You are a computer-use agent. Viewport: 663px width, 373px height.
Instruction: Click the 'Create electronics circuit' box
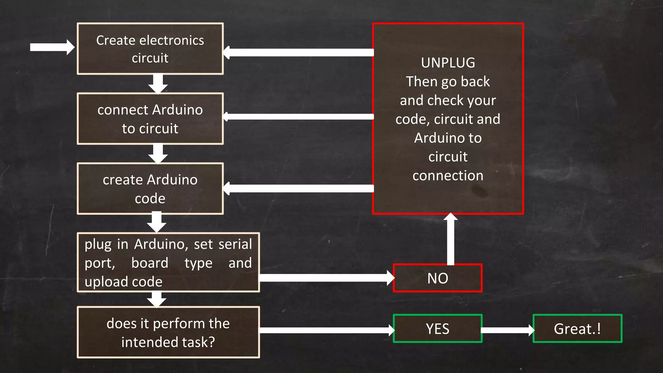150,49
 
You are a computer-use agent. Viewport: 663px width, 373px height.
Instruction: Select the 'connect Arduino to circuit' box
150,119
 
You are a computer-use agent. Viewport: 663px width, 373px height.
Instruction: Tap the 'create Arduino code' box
150,189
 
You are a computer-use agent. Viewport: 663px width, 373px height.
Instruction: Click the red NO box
438,278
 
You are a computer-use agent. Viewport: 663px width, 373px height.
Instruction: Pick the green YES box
438,329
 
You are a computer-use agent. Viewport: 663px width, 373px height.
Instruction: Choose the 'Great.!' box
578,329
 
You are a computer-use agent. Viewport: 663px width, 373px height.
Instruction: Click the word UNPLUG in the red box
448,63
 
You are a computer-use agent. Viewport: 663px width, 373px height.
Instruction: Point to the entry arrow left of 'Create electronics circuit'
52,48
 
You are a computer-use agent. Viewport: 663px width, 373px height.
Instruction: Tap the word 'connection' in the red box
448,175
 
